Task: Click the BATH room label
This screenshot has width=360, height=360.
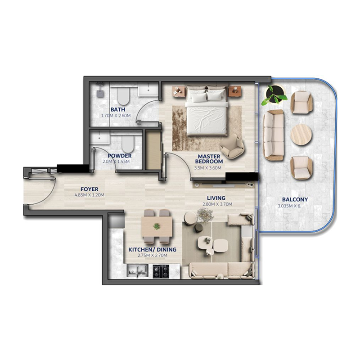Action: (118, 109)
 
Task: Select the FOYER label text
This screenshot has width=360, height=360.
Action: (89, 189)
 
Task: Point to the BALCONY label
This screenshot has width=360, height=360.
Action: (295, 199)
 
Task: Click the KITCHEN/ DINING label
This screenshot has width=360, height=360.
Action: (152, 249)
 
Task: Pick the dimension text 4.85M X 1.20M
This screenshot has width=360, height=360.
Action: (89, 195)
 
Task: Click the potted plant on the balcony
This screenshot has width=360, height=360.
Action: (274, 95)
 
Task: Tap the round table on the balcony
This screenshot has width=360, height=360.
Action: (301, 134)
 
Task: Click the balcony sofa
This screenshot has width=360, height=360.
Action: (273, 135)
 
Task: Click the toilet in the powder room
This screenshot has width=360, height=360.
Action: (128, 145)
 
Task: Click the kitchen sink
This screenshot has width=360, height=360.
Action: (136, 270)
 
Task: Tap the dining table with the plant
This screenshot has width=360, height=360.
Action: (156, 226)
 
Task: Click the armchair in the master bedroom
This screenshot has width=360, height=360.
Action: (233, 147)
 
